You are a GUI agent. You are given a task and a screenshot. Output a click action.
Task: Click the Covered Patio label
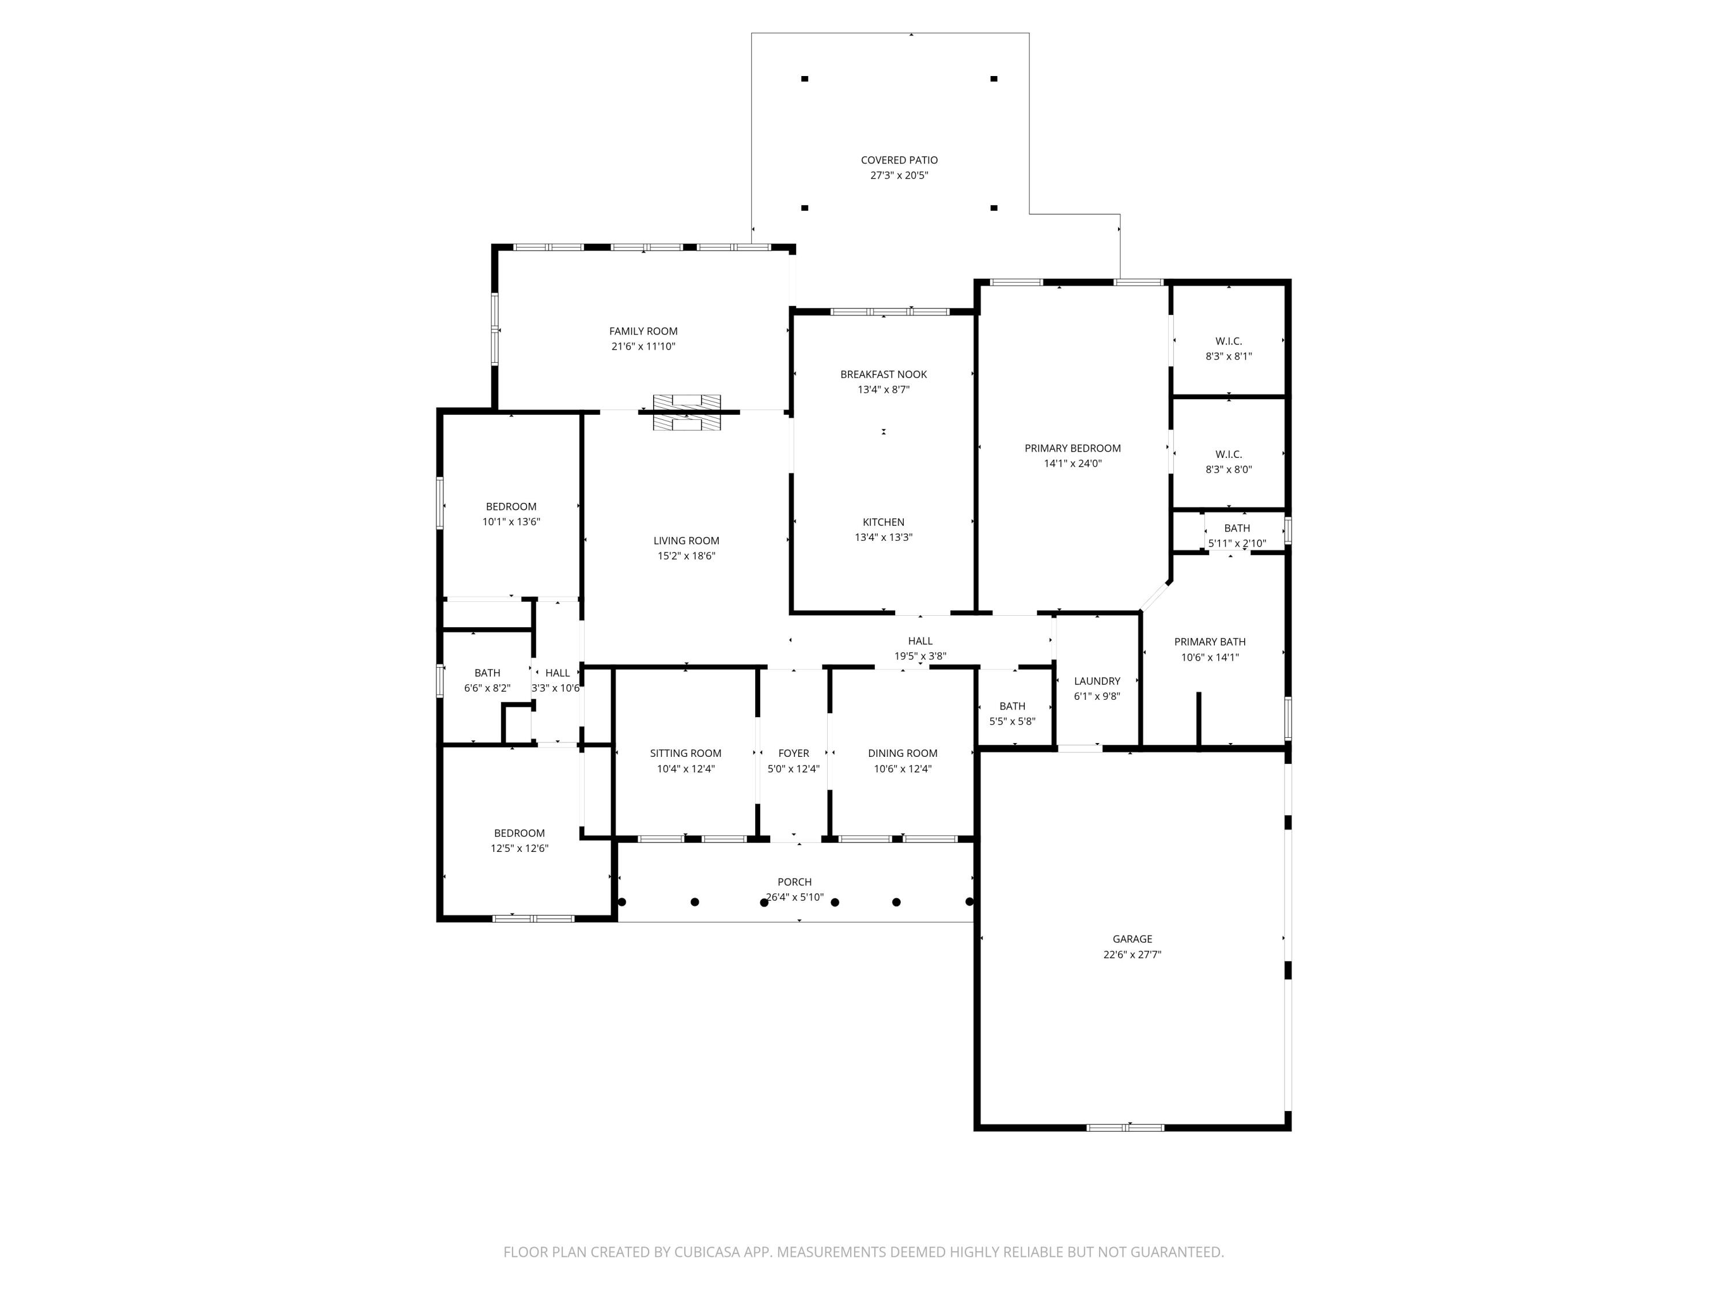899,160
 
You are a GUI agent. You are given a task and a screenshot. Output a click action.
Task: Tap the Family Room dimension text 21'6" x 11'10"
643,346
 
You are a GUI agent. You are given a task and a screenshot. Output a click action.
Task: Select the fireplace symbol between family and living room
687,412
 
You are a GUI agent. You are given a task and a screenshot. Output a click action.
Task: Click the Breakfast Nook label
884,374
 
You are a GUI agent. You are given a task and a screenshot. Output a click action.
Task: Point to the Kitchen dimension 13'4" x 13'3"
884,537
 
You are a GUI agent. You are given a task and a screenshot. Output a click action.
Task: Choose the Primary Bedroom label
1073,448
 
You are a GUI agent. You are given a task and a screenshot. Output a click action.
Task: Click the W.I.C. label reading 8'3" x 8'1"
1228,342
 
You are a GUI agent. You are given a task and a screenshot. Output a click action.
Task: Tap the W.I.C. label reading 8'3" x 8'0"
1228,454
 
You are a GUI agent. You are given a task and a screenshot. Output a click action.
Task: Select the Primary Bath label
1209,642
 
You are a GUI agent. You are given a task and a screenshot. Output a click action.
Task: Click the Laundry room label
1097,681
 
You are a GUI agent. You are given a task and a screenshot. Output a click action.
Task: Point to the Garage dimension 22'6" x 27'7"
1132,954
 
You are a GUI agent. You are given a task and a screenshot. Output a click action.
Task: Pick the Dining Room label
902,753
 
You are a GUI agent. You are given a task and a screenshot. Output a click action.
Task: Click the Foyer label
793,753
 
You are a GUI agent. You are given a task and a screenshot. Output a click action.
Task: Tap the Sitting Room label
685,753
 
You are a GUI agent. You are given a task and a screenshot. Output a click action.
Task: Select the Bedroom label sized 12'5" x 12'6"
519,833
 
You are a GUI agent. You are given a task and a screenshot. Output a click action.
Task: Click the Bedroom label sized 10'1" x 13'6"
511,507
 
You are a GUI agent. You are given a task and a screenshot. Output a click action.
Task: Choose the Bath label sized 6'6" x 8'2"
487,673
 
